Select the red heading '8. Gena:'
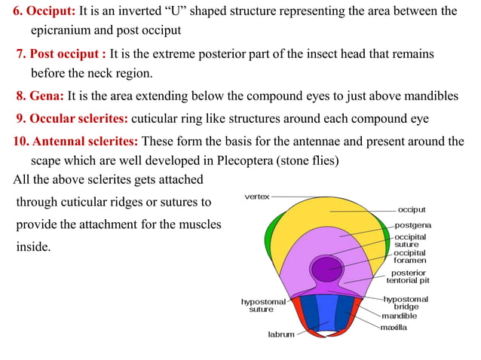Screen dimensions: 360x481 (x=40, y=96)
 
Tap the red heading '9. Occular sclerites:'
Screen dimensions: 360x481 (x=72, y=119)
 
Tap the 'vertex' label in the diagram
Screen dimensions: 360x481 (x=257, y=196)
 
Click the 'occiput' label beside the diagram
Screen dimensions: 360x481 (x=412, y=209)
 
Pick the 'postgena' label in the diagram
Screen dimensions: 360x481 (x=413, y=224)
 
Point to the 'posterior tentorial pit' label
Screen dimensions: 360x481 (x=408, y=276)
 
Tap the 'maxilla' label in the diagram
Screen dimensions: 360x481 (x=394, y=328)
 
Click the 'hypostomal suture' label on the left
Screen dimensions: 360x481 (x=262, y=305)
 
